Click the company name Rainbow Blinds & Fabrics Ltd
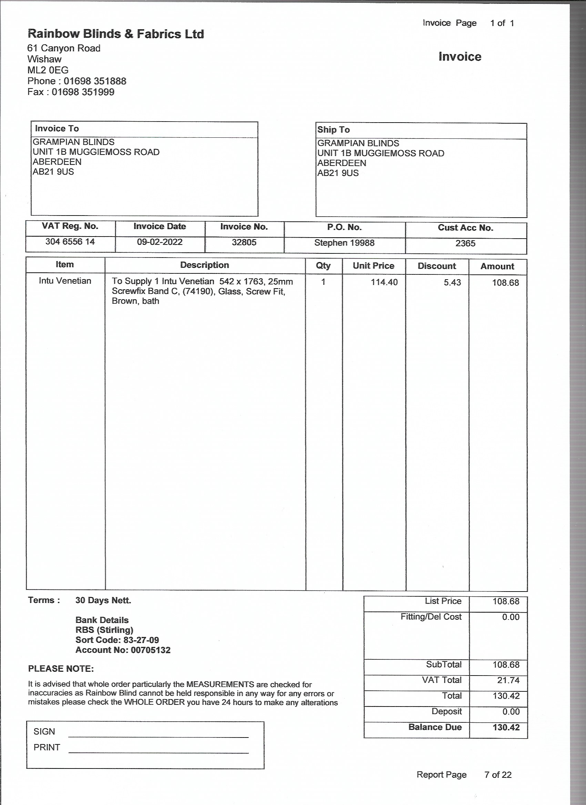(116, 34)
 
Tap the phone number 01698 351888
(95, 81)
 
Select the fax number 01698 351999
(83, 92)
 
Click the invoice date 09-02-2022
(160, 242)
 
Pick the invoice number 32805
(244, 242)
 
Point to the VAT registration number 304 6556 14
(70, 242)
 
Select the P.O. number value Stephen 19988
(344, 243)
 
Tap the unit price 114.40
(384, 283)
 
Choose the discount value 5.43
(452, 283)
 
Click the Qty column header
(323, 266)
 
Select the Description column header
(204, 265)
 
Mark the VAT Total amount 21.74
(508, 680)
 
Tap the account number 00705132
(151, 650)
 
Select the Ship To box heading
(333, 130)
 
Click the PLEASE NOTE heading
(61, 669)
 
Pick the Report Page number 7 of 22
(497, 775)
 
